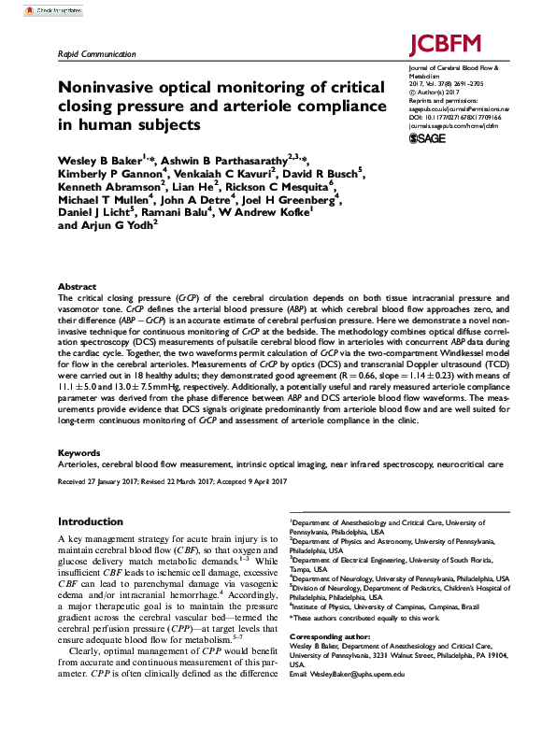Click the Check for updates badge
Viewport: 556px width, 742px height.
47,10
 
